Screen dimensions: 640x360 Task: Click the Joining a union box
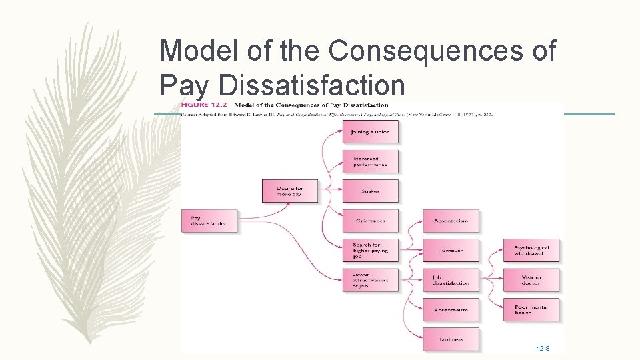coord(370,132)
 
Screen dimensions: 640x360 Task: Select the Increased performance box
coord(370,161)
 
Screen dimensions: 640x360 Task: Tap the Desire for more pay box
coord(288,191)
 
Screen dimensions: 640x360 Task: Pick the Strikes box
coord(370,191)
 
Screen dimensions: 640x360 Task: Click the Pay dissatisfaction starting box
coord(209,221)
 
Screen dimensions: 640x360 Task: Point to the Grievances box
coord(370,221)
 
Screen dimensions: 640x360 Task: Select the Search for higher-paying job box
coord(370,251)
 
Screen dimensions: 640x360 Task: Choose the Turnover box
coord(451,251)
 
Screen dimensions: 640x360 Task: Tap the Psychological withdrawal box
coord(531,251)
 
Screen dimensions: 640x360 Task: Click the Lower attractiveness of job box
coord(370,280)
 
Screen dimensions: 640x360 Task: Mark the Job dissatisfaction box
coord(451,280)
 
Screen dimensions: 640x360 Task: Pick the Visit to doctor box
coord(531,280)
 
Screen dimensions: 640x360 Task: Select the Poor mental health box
coord(531,310)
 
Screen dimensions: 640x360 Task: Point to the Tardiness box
coord(451,339)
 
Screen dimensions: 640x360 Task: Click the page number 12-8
coord(543,349)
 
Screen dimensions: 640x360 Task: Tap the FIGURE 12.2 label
coord(203,105)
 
